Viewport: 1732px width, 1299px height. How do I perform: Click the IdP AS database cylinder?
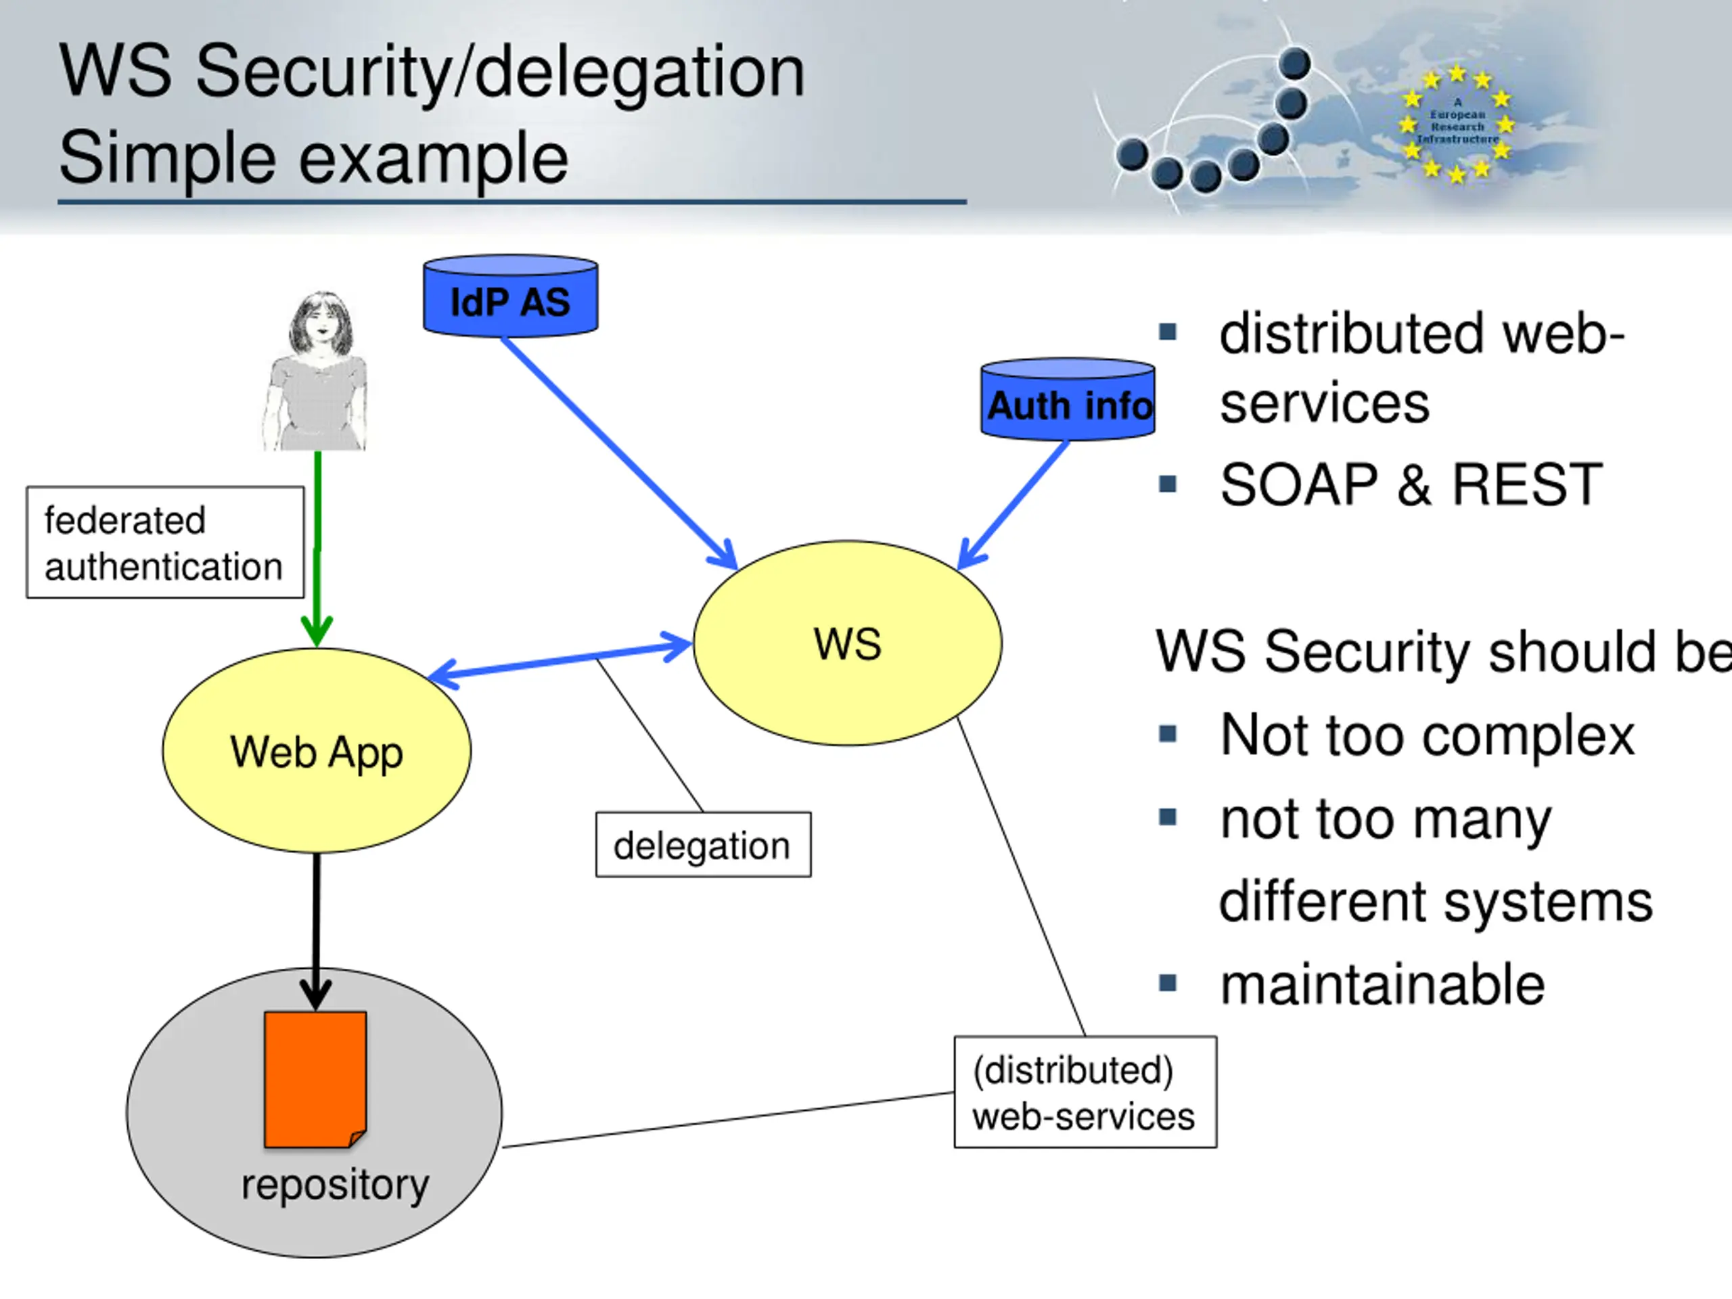coord(511,296)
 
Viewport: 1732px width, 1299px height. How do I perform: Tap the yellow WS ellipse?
coord(847,643)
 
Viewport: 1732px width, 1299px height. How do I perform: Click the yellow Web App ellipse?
coord(317,750)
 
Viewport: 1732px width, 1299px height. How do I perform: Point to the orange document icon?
coord(315,1080)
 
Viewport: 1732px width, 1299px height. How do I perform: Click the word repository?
coord(335,1185)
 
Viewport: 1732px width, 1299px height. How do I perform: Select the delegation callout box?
coord(703,845)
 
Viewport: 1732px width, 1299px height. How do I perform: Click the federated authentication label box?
coord(165,543)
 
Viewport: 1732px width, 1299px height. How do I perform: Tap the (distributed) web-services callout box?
coord(1085,1092)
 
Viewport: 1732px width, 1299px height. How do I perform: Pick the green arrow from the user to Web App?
coord(317,548)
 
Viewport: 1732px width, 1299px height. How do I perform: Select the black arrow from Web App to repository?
coord(317,932)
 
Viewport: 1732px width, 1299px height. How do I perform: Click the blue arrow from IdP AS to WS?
coord(618,453)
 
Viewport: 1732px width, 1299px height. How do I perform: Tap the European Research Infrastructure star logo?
coord(1457,124)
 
